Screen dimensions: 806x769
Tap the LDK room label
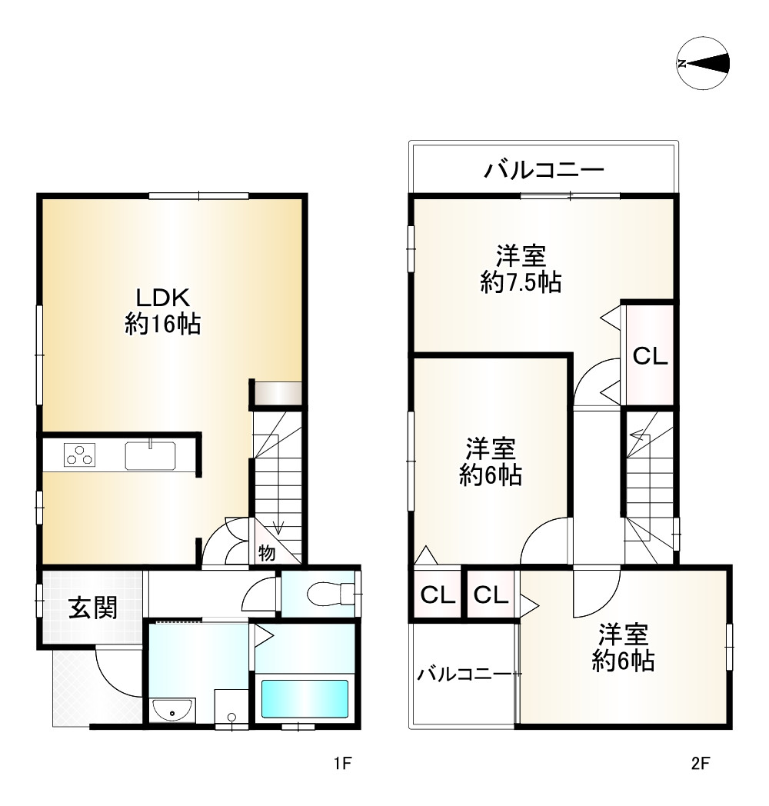coord(163,298)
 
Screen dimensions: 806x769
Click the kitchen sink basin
coord(150,455)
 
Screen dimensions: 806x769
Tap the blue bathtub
coord(305,699)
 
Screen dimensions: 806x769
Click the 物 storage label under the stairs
coord(266,552)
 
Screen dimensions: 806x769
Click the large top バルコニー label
coord(544,169)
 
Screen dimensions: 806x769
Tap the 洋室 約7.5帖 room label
coord(520,269)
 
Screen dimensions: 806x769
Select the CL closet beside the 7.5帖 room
coord(650,356)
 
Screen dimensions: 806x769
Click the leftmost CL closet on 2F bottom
coord(437,594)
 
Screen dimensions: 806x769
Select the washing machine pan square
coord(231,707)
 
